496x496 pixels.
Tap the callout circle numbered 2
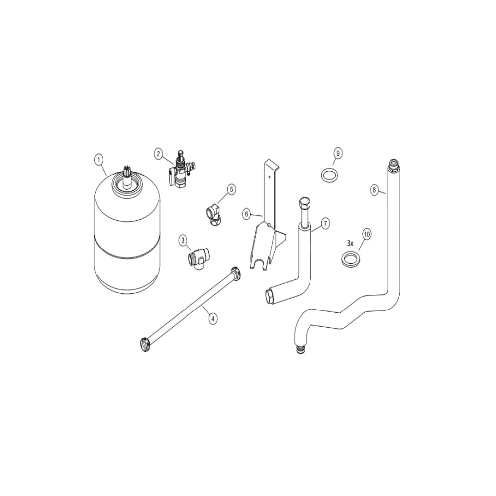coord(159,154)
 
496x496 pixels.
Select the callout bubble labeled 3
coord(183,240)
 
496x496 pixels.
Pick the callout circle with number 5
coord(231,189)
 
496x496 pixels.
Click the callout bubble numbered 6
coord(247,214)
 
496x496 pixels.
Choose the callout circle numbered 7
coord(325,223)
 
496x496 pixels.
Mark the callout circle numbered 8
coord(374,190)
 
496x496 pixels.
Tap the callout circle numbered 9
coord(338,153)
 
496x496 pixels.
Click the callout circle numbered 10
coord(367,235)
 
